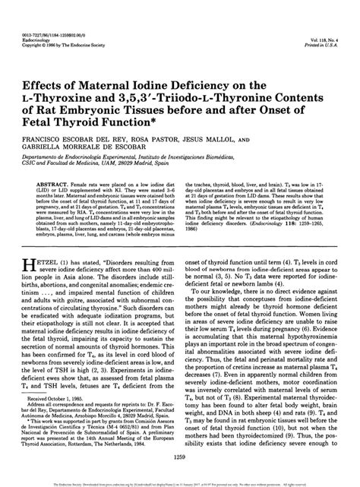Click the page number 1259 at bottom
tap(180, 456)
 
